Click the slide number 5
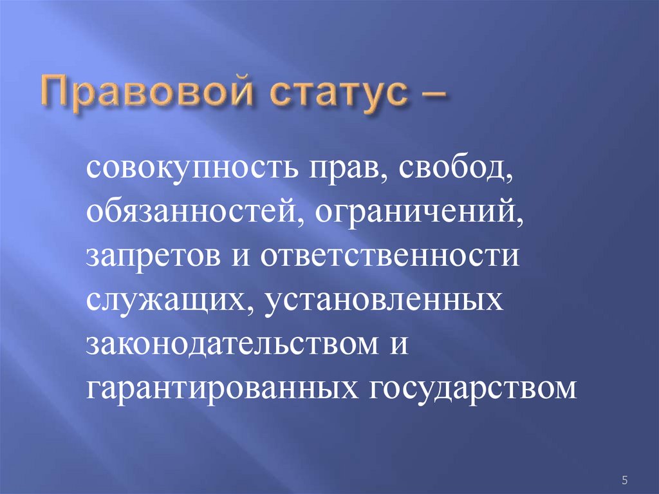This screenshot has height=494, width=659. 624,480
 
